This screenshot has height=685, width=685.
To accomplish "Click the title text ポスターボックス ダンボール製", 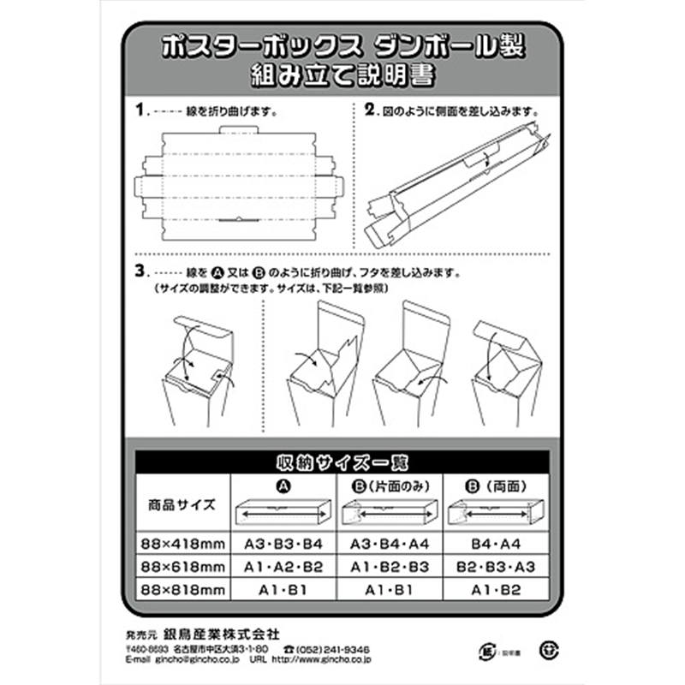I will click(342, 47).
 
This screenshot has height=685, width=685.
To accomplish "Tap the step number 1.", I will click(141, 111).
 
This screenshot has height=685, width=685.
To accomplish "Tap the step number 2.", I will click(371, 111).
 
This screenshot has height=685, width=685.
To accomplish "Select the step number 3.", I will click(141, 272).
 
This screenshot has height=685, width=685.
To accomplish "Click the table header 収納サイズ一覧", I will click(342, 461).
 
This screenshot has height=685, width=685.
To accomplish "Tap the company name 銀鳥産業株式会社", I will click(225, 634).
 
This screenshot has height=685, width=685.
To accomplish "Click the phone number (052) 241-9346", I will click(334, 649).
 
